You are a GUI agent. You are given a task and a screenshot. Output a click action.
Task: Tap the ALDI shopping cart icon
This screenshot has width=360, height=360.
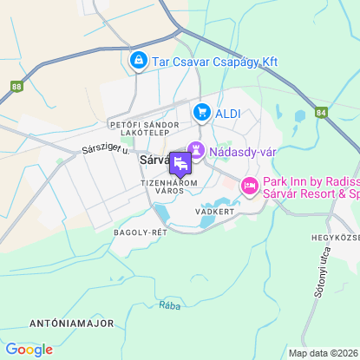pos(202,112)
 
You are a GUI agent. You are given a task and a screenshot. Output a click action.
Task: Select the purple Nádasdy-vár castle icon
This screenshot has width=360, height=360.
pos(196,151)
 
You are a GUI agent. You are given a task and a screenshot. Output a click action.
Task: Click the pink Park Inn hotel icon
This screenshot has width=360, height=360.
pos(250,186)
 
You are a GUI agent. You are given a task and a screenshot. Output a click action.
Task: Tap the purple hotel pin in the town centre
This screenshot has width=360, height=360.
pos(180,163)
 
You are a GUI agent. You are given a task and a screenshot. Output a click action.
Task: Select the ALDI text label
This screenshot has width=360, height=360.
pos(229,112)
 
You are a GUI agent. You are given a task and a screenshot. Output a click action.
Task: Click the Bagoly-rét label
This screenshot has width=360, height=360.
pos(140,232)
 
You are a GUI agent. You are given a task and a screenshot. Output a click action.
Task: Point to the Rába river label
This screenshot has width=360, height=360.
pos(169,304)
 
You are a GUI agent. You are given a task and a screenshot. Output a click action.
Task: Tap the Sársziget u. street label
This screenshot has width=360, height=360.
pos(104,148)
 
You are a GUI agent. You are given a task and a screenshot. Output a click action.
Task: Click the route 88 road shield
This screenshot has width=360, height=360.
pos(17,87)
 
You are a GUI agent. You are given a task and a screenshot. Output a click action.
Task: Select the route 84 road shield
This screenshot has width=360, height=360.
pos(322,112)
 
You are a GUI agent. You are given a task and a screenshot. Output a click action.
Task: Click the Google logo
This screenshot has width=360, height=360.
pos(29,349)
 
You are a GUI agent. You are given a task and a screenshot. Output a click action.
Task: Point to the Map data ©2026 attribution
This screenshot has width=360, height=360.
pos(322,353)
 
